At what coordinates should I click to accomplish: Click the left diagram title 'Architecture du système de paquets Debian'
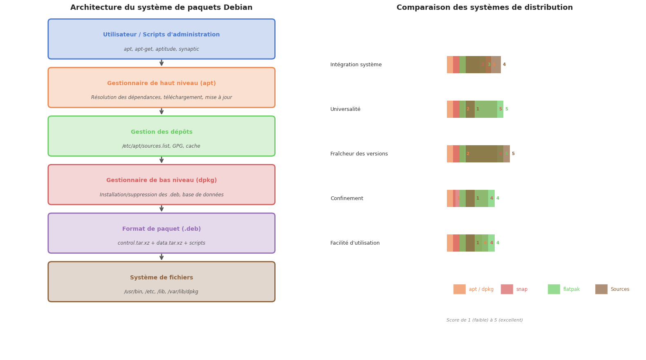click(x=161, y=8)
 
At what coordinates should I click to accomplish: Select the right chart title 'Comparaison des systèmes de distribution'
click(x=484, y=8)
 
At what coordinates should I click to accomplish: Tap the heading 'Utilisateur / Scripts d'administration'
click(x=161, y=35)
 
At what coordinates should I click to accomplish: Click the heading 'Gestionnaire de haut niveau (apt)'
click(x=161, y=83)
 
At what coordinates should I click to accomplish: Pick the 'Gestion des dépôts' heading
click(x=161, y=132)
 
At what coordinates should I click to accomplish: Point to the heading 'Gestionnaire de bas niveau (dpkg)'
click(x=161, y=180)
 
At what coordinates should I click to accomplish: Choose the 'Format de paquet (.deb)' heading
click(x=161, y=229)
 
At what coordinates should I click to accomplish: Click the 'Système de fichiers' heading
click(x=161, y=278)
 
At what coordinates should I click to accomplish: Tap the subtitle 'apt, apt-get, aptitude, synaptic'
click(x=161, y=49)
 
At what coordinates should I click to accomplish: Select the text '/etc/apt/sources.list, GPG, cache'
click(x=161, y=146)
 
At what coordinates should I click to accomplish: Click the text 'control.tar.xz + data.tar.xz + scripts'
click(x=161, y=243)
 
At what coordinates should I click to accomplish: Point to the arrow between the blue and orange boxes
click(x=161, y=63)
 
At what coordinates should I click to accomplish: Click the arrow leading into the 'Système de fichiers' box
click(x=161, y=257)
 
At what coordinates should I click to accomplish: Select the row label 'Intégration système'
click(x=356, y=65)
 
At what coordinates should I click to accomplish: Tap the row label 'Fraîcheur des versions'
click(x=359, y=154)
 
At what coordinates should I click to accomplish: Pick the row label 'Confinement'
click(x=347, y=198)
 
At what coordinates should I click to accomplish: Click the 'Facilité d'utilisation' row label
click(x=355, y=243)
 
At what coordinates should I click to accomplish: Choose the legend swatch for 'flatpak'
click(x=554, y=289)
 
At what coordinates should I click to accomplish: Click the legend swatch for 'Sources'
click(x=601, y=289)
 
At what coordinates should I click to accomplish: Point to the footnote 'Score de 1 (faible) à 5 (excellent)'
click(x=484, y=320)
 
